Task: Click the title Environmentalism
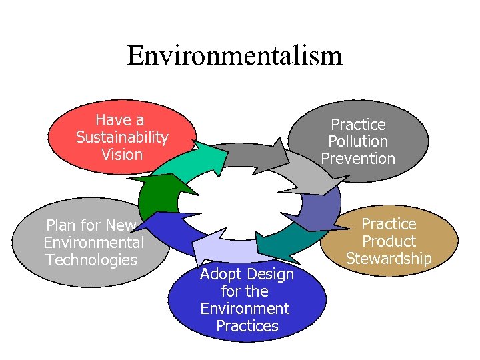coord(235,55)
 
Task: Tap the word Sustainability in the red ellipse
coord(122,137)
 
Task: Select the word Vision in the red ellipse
coord(122,155)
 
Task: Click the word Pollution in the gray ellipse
coord(358,141)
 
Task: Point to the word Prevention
coord(358,159)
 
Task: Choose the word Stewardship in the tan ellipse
coord(389,259)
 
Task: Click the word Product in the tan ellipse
coord(389,241)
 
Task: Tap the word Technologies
coord(91,260)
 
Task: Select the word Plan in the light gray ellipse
coord(59,225)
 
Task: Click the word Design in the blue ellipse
coord(267,274)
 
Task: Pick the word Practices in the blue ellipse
coord(247,326)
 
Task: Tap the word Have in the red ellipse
coord(111,120)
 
